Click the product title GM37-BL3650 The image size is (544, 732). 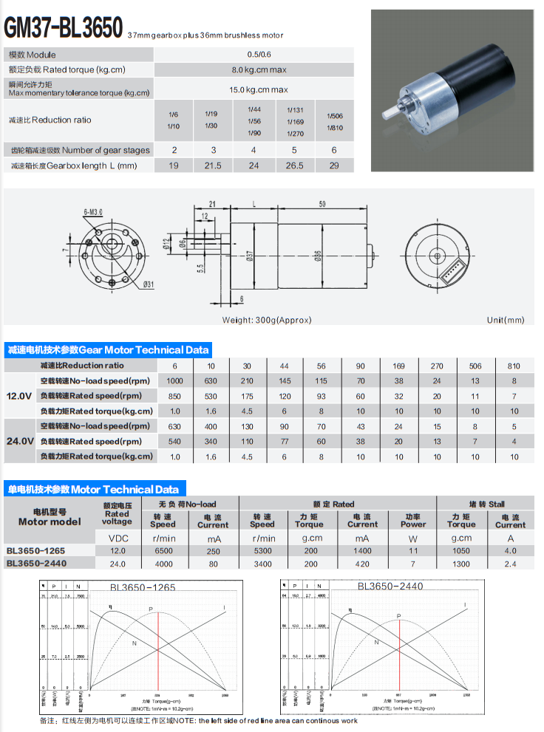pos(64,27)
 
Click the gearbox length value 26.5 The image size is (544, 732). pos(294,166)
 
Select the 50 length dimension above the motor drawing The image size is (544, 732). pos(322,203)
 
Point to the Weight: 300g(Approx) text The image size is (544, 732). pos(267,320)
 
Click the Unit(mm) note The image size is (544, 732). pos(505,320)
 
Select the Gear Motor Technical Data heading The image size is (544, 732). pos(108,349)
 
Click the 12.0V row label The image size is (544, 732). pos(19,396)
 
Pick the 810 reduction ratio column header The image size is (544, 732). pos(514,366)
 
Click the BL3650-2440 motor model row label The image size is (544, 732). pos(40,564)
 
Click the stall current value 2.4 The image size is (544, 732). pos(510,564)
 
